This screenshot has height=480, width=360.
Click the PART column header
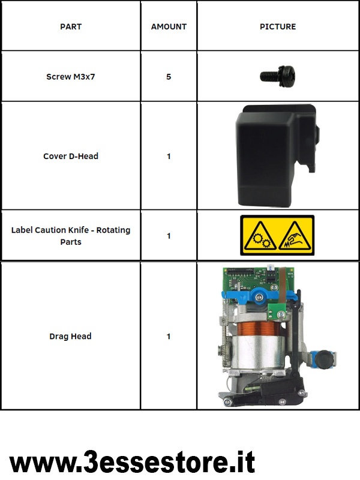pyautogui.click(x=71, y=26)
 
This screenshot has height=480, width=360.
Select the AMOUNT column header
pyautogui.click(x=169, y=26)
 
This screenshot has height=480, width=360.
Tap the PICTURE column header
pyautogui.click(x=278, y=26)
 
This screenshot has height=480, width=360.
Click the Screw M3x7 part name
pyautogui.click(x=71, y=77)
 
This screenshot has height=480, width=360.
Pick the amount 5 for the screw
pyautogui.click(x=169, y=77)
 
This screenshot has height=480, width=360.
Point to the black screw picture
pyautogui.click(x=278, y=76)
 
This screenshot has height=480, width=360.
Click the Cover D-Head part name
pyautogui.click(x=71, y=156)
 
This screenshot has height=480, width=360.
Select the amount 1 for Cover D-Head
pyautogui.click(x=169, y=156)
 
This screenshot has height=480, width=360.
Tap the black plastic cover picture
pyautogui.click(x=277, y=155)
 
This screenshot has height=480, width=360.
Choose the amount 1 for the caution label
pyautogui.click(x=169, y=236)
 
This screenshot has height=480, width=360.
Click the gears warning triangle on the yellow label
pyautogui.click(x=260, y=236)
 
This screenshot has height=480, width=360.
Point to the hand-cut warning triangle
pyautogui.click(x=295, y=236)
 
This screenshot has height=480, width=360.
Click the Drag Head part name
pyautogui.click(x=70, y=336)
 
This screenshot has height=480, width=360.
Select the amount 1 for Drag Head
pyautogui.click(x=169, y=336)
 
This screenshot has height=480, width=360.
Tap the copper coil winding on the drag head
pyautogui.click(x=259, y=328)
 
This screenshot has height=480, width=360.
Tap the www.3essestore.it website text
pyautogui.click(x=132, y=462)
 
